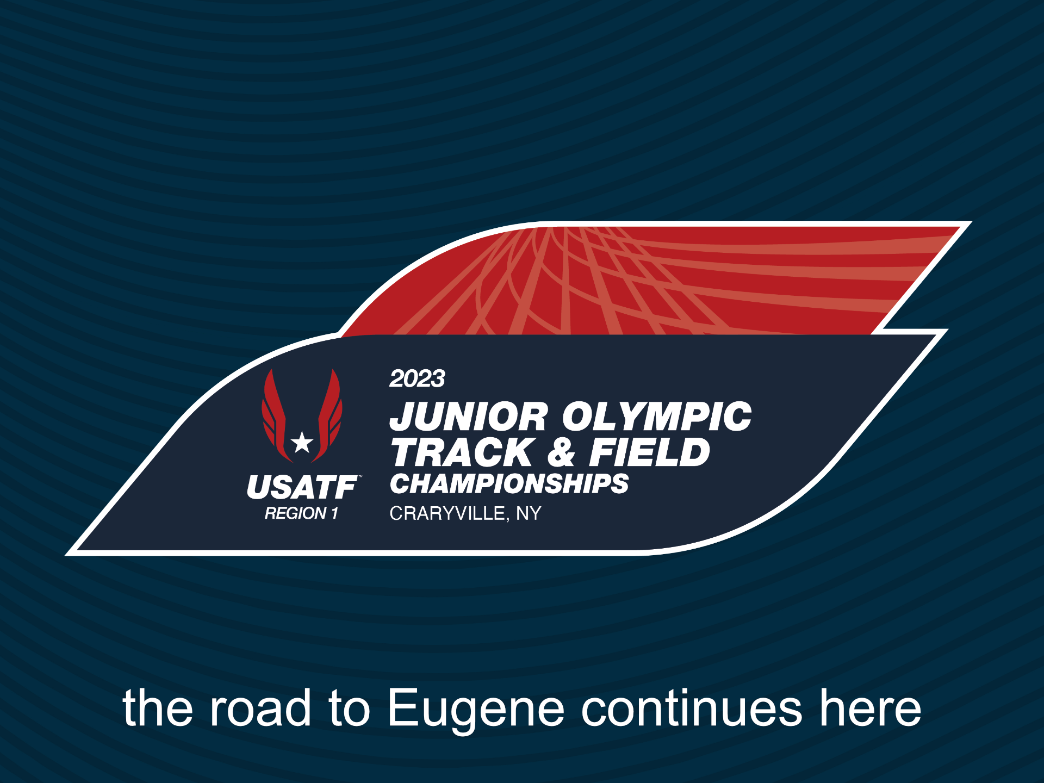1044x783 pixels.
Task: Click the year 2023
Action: tap(417, 378)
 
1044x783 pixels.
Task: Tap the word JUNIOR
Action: tap(469, 417)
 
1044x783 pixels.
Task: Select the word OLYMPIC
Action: tap(657, 417)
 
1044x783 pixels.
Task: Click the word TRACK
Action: tap(463, 452)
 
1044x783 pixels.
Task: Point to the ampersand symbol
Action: tap(562, 452)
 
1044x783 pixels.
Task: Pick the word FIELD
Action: tap(650, 452)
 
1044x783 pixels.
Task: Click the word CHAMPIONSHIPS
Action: tap(509, 483)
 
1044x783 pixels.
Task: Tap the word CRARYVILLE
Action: tap(447, 513)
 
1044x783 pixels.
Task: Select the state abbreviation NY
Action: tap(529, 513)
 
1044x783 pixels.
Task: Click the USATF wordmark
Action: tap(302, 487)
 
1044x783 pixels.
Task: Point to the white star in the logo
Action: tap(302, 443)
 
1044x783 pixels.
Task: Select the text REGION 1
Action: tap(302, 513)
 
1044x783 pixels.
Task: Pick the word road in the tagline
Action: tap(261, 708)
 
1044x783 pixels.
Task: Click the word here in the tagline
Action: tap(871, 708)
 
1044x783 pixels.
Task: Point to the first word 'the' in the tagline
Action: tap(158, 708)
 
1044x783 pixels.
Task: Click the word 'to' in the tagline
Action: tap(349, 708)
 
